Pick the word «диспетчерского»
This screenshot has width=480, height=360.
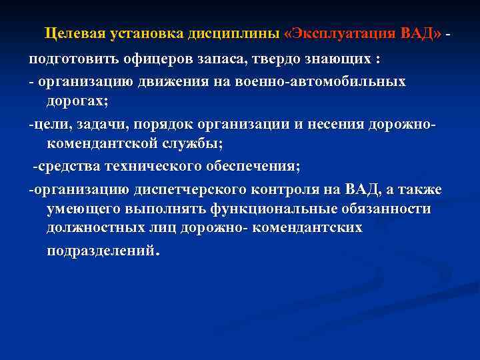click(x=186, y=189)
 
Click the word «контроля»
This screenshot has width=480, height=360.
click(x=290, y=189)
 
